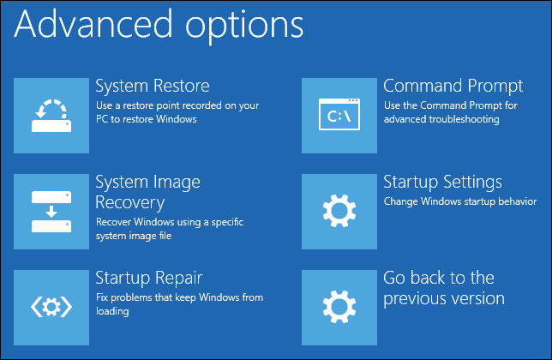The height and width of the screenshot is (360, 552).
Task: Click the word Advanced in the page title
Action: click(x=93, y=24)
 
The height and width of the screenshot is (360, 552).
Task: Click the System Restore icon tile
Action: click(x=51, y=116)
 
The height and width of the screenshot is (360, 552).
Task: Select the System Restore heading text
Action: click(x=153, y=86)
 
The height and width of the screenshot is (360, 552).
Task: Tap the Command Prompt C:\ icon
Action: click(x=339, y=115)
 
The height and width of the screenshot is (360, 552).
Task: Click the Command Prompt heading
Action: click(x=453, y=87)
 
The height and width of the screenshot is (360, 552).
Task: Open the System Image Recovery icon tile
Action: click(x=51, y=212)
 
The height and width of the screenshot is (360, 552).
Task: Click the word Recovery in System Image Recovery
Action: click(x=130, y=203)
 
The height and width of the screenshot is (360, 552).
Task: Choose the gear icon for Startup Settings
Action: click(x=339, y=211)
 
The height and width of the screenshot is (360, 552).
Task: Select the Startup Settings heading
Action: click(x=442, y=183)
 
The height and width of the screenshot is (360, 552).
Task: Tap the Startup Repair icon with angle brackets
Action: click(x=51, y=307)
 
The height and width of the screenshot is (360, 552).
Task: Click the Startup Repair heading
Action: click(x=149, y=279)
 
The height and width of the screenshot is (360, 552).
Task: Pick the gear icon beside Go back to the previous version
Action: click(x=339, y=307)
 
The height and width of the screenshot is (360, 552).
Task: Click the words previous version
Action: click(x=444, y=299)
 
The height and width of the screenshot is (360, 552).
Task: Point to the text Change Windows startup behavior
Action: click(x=460, y=201)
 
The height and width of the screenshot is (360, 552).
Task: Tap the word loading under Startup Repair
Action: click(x=112, y=311)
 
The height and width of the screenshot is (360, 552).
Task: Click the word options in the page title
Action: click(x=244, y=27)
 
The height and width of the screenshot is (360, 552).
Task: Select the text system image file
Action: click(x=134, y=236)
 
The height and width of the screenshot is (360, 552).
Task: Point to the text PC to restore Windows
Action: click(x=146, y=119)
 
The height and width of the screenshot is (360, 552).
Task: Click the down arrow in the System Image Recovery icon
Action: click(x=51, y=212)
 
